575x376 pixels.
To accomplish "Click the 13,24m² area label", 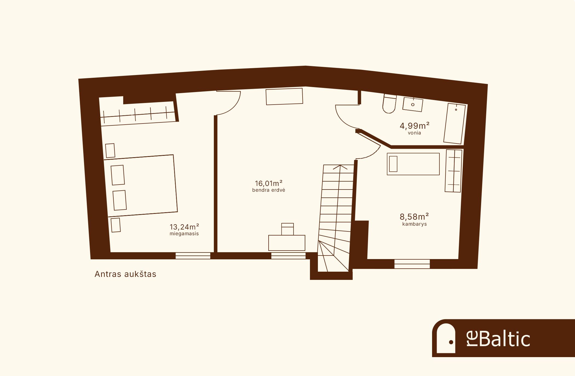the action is (184, 227).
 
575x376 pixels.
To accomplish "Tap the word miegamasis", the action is (184, 234).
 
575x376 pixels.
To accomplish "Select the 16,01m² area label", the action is (269, 183).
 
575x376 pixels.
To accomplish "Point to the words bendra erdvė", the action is (269, 190).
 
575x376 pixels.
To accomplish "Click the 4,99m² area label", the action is (415, 126).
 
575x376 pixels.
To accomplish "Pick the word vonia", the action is (415, 133).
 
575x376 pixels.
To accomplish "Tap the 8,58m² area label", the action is (415, 217).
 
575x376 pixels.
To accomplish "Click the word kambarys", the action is (415, 224).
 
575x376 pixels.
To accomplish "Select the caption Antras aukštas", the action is (125, 274).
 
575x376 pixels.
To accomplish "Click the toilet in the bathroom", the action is (389, 104).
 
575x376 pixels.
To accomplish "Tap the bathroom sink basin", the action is (413, 104).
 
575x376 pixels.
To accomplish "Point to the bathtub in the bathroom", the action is (455, 124).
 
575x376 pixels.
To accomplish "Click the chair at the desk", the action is (287, 229).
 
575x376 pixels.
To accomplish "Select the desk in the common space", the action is (287, 243).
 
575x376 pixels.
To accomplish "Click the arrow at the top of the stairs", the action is (340, 167).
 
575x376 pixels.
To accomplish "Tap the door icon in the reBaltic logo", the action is (446, 338).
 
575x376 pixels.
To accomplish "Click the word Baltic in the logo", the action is (505, 339).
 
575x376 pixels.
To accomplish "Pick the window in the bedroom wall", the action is (193, 256).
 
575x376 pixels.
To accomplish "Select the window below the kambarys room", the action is (412, 264).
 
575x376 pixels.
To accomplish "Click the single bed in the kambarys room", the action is (413, 164).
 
